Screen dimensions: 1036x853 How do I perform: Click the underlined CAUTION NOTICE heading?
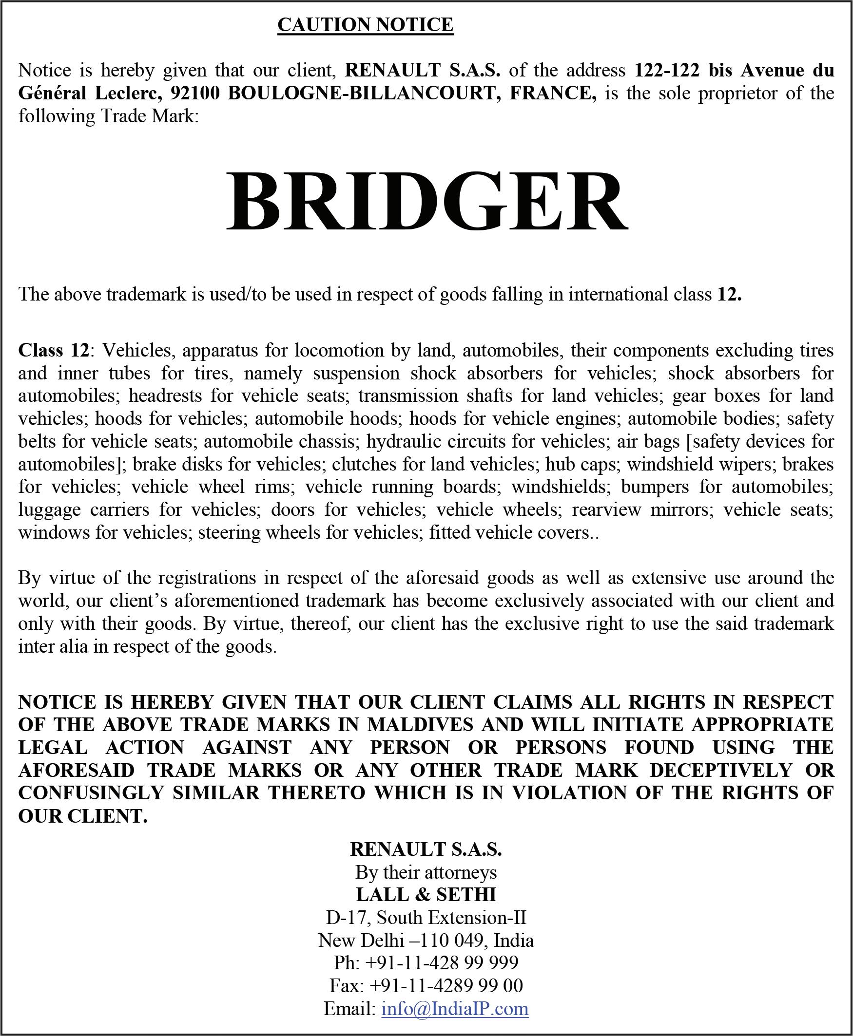[x=365, y=24]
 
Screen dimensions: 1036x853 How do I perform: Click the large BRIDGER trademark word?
[x=426, y=202]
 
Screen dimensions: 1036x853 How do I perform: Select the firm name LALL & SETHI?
[x=426, y=895]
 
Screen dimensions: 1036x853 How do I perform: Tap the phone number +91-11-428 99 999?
[x=442, y=963]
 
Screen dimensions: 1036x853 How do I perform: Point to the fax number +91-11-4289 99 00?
[x=446, y=985]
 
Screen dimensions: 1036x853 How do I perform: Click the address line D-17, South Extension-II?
[x=426, y=917]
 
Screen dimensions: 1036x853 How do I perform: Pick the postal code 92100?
[x=198, y=94]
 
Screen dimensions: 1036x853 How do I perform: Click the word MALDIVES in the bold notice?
[x=420, y=725]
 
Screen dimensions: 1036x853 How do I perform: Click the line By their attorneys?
[x=426, y=872]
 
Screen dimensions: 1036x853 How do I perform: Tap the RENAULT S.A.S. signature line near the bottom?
[x=426, y=849]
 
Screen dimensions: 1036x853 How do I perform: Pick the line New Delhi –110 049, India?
[x=426, y=940]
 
